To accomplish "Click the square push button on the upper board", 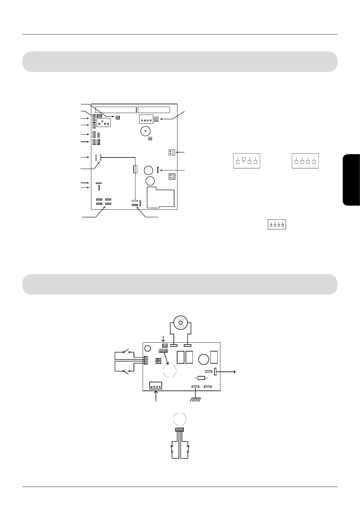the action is tap(156, 119).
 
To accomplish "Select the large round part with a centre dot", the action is tap(146, 131).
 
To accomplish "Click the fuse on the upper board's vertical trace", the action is tap(135, 169).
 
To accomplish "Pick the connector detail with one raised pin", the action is tap(247, 161).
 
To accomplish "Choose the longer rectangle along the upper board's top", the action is tap(116, 109).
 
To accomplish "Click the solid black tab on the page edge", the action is tap(352, 180).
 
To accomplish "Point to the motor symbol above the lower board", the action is tap(181, 323).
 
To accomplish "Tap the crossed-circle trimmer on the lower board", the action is tap(158, 361).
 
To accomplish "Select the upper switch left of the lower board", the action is tap(127, 352).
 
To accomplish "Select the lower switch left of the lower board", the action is tap(127, 371).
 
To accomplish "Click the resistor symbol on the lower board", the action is tap(201, 378).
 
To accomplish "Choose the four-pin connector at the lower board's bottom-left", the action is tap(156, 386).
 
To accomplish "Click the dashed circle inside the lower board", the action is tap(170, 370).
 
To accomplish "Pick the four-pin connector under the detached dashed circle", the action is tap(180, 429).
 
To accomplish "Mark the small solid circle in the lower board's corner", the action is tap(148, 349).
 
